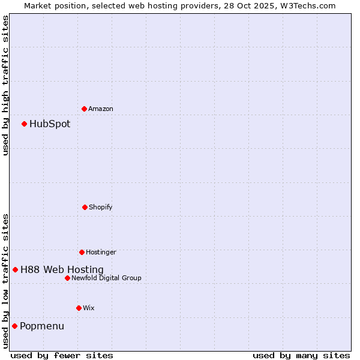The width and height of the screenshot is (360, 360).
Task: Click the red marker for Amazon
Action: click(x=85, y=109)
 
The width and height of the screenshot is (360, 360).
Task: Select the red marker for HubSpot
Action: click(x=25, y=124)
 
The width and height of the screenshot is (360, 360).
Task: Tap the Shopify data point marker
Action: click(x=85, y=207)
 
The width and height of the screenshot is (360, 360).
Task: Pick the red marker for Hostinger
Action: click(x=82, y=252)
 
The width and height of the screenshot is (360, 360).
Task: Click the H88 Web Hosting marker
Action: click(x=16, y=270)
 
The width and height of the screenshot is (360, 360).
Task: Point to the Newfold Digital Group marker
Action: click(x=67, y=278)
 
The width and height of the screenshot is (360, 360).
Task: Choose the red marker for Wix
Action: click(x=79, y=308)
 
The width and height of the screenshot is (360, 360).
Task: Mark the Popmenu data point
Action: click(x=15, y=326)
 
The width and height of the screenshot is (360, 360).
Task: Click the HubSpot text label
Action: click(x=50, y=124)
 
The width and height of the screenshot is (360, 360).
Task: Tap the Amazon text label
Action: click(x=101, y=109)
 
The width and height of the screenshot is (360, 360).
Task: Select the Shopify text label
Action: click(x=101, y=207)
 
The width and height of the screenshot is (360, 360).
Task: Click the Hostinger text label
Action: click(x=101, y=252)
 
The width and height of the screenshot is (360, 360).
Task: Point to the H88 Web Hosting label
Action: click(x=62, y=270)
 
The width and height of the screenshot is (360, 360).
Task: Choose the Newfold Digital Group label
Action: click(x=106, y=278)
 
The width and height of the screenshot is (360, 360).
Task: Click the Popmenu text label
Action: click(x=42, y=326)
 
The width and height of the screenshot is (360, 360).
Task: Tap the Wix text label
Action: click(x=89, y=308)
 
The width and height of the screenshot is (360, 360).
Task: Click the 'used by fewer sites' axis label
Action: click(x=62, y=355)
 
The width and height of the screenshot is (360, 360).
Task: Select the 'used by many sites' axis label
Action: click(x=301, y=355)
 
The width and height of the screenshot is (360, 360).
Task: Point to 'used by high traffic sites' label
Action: click(x=5, y=85)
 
